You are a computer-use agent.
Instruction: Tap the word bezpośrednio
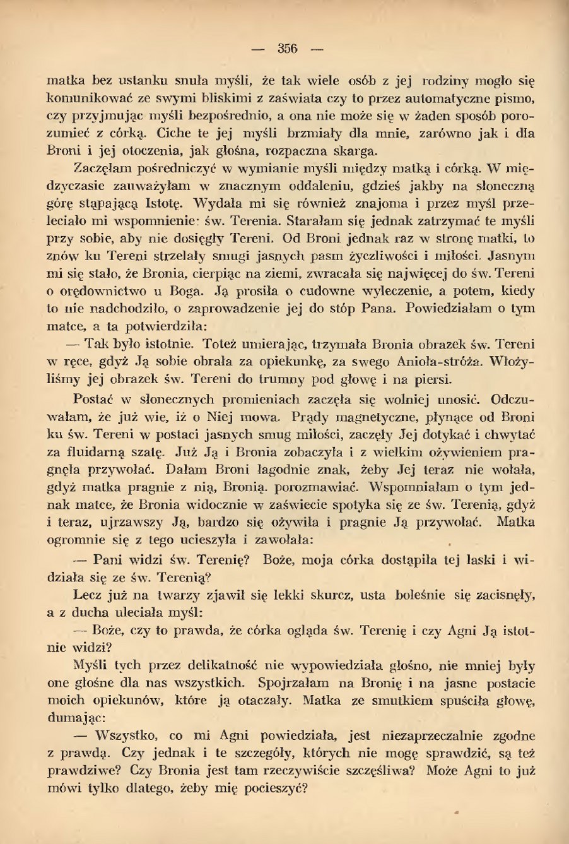click(232, 117)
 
